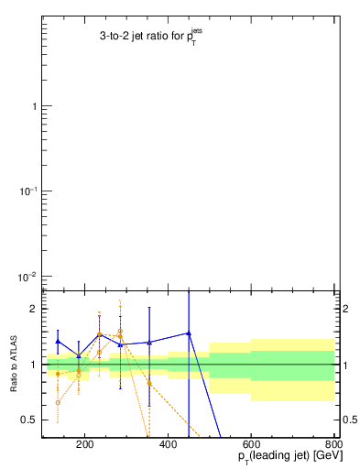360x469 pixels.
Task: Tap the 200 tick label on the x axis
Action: pos(84,446)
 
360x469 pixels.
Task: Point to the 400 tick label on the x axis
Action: pos(168,446)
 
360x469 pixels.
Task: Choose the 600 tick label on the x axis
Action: pos(251,446)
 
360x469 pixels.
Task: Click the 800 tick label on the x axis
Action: pos(333,446)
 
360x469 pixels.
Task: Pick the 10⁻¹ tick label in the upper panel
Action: pos(29,191)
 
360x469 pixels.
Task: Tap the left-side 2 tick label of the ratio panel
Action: pos(34,310)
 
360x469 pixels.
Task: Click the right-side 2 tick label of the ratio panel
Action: pos(346,310)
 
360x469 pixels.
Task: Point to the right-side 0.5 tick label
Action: pos(350,420)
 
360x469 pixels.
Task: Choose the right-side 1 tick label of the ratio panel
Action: pos(346,365)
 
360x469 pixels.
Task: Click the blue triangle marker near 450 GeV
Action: pos(189,333)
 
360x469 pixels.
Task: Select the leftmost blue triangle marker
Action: pos(58,341)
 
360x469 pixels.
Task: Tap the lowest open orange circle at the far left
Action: pos(58,402)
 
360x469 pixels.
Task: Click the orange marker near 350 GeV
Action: pos(149,383)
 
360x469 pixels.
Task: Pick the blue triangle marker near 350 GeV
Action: pos(149,343)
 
